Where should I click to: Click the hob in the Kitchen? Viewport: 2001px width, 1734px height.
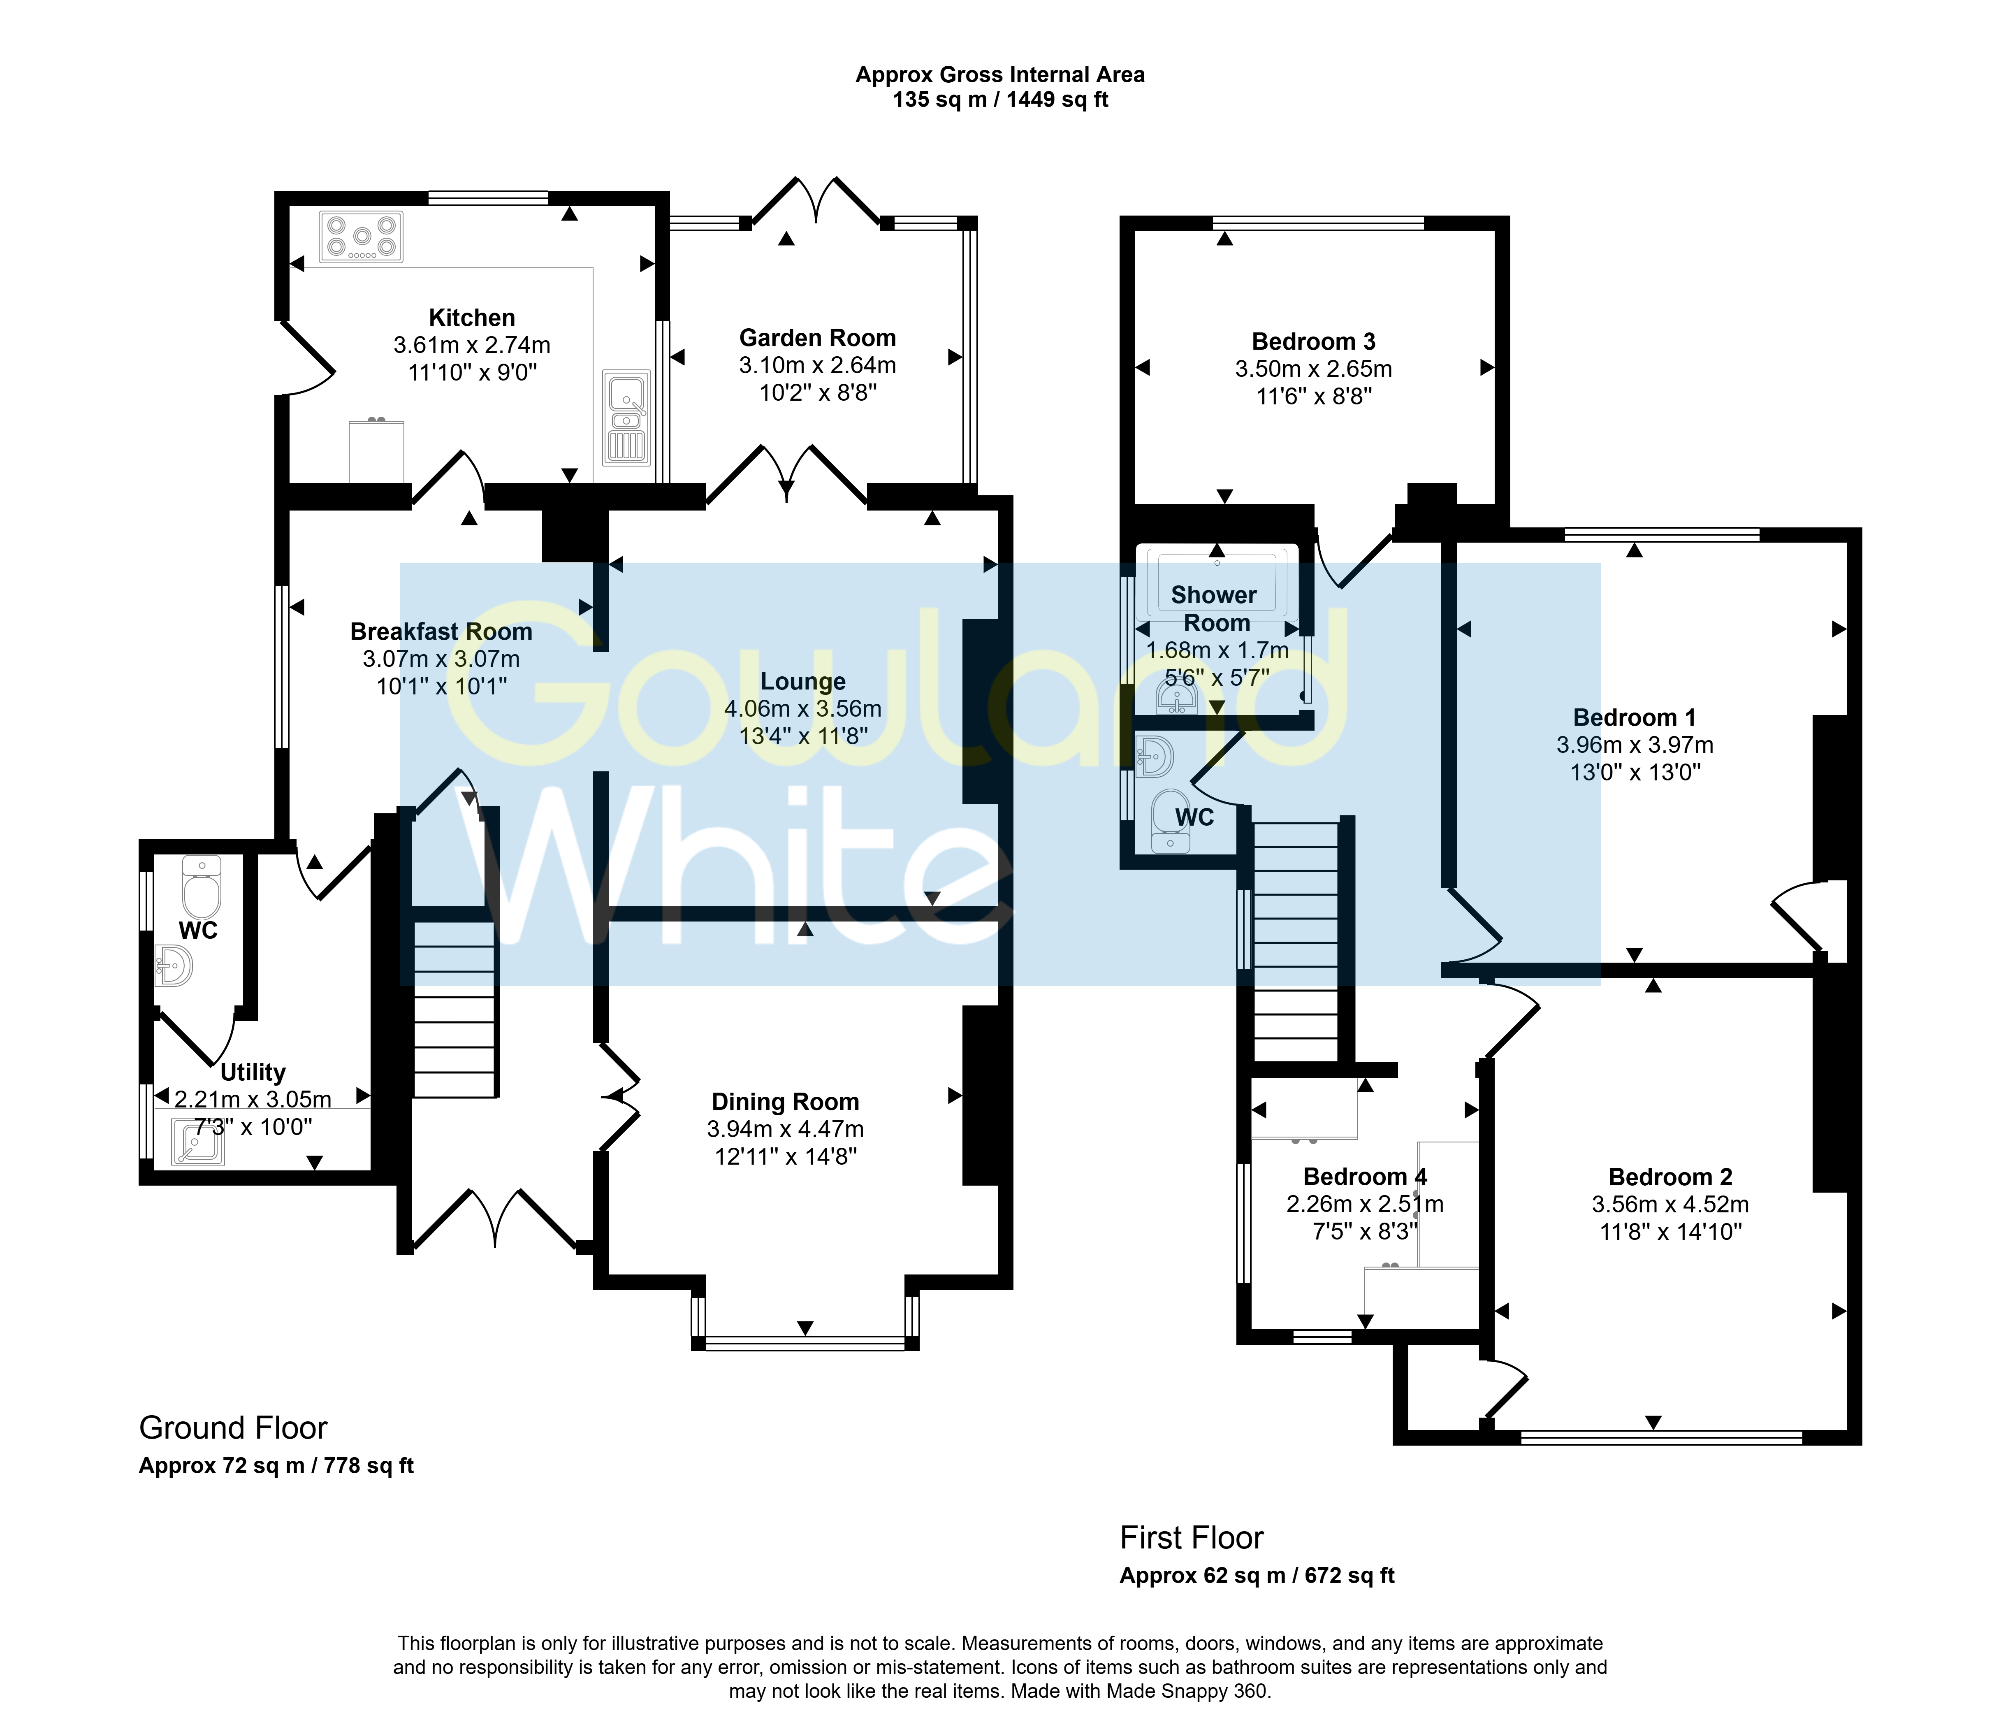(x=361, y=237)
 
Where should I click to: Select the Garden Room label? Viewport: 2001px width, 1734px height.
(x=818, y=338)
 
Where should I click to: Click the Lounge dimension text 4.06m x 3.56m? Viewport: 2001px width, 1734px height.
(x=803, y=708)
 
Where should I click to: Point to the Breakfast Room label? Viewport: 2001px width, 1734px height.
(x=441, y=632)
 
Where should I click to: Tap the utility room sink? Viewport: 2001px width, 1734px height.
(x=198, y=1141)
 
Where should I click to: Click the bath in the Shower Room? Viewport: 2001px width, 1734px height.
(x=1217, y=580)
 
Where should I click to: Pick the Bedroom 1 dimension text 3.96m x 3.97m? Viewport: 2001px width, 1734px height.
(x=1635, y=745)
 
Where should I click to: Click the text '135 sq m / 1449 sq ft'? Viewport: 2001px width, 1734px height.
(x=1000, y=100)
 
